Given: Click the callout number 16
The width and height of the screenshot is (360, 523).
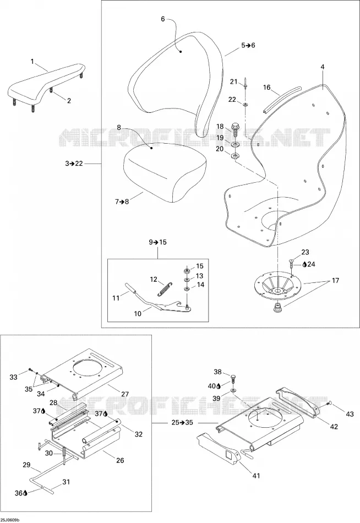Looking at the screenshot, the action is click(266, 88).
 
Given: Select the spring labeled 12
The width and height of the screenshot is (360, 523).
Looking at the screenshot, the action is click(164, 288).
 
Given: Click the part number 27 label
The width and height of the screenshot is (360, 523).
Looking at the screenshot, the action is click(125, 394).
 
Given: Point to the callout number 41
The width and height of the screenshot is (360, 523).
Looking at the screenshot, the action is click(256, 476).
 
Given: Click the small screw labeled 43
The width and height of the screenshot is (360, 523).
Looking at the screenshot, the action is click(329, 404).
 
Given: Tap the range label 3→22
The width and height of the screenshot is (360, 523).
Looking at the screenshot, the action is click(74, 164).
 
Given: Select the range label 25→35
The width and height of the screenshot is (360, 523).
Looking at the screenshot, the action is click(182, 423).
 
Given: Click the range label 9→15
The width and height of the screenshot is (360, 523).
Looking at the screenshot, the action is click(157, 242).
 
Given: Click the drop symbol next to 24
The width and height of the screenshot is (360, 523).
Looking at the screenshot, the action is click(304, 264).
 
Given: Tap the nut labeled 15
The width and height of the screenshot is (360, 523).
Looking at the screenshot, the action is click(188, 270).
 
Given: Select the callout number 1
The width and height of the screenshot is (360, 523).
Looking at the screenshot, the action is click(32, 61).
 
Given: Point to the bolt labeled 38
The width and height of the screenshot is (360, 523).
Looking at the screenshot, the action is click(234, 379).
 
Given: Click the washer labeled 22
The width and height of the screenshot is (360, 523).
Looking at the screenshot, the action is click(245, 105).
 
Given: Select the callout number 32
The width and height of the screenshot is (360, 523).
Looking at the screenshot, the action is click(139, 434).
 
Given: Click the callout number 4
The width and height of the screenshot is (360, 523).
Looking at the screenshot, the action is click(323, 67).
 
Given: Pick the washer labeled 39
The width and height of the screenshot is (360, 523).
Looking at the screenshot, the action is click(232, 390).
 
